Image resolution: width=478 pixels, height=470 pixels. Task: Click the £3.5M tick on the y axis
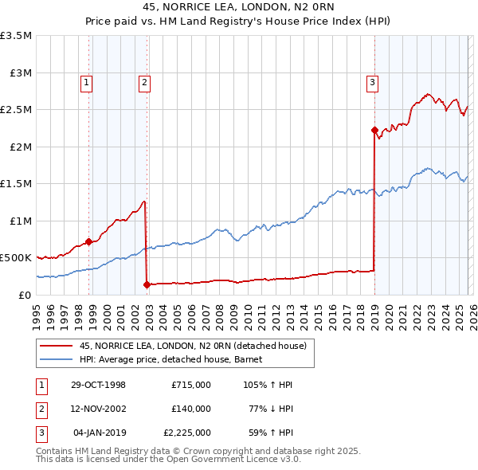click(16, 36)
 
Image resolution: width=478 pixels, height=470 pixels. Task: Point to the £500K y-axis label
click(16, 258)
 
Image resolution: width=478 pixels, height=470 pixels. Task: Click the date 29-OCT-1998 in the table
click(99, 385)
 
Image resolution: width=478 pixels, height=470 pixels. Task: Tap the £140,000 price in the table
click(191, 409)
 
